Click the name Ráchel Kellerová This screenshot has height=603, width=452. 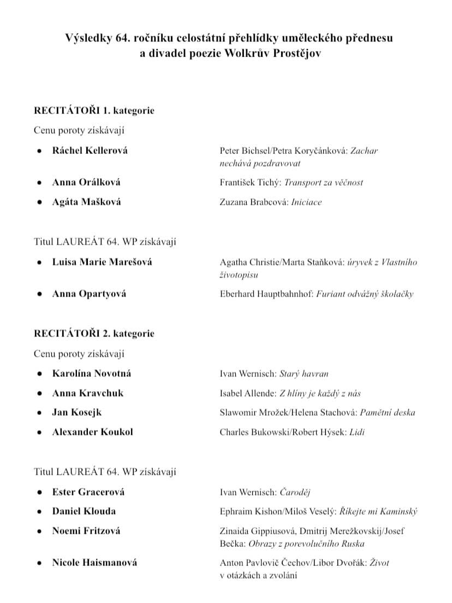point(90,150)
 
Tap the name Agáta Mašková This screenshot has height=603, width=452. point(86,202)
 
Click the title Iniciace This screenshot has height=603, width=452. point(307,202)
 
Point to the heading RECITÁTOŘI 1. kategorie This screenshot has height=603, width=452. point(94,110)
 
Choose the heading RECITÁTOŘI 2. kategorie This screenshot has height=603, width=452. point(94,333)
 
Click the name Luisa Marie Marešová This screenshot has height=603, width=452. point(102,262)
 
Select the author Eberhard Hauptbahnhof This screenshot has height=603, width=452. point(266,294)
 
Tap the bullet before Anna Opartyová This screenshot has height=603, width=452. point(40,294)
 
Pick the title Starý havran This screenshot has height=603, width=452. point(304,374)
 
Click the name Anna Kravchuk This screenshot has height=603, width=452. point(88,393)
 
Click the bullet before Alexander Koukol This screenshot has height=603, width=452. point(40,432)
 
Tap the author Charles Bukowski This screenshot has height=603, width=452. point(254,432)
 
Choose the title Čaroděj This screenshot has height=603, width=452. point(295,492)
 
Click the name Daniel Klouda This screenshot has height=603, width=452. point(84,511)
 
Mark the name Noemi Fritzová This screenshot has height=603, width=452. point(86,530)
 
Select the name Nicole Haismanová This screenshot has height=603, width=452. point(94,562)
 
